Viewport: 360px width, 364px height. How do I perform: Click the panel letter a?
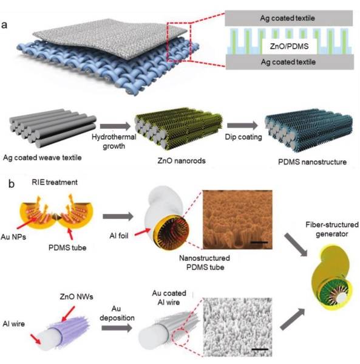[x=4, y=24]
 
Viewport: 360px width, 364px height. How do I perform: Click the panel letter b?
[x=12, y=184]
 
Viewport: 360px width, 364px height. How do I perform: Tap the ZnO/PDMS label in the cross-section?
[x=289, y=46]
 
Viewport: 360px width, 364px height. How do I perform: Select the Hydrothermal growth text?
[x=114, y=141]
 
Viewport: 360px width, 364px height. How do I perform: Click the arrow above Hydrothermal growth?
[x=115, y=126]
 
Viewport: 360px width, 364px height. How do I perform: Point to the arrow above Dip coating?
[x=242, y=126]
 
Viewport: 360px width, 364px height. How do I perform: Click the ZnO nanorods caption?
[x=182, y=160]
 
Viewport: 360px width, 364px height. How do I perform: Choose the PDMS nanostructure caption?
[x=312, y=162]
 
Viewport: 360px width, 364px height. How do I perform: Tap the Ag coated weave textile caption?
[x=42, y=157]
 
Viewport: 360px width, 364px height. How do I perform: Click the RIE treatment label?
[x=55, y=182]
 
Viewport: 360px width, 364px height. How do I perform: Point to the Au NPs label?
[x=13, y=237]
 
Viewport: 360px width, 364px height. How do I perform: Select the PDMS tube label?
[x=67, y=247]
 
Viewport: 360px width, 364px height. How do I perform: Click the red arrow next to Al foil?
[x=143, y=232]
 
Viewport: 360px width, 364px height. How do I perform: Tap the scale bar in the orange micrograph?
[x=259, y=242]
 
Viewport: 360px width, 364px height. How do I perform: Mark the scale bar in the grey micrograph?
[x=260, y=349]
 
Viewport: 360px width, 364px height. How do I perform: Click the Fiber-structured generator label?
[x=332, y=229]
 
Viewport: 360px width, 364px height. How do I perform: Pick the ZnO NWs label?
[x=76, y=297]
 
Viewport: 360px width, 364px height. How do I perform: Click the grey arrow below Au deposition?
[x=117, y=328]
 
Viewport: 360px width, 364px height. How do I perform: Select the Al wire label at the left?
[x=14, y=324]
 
